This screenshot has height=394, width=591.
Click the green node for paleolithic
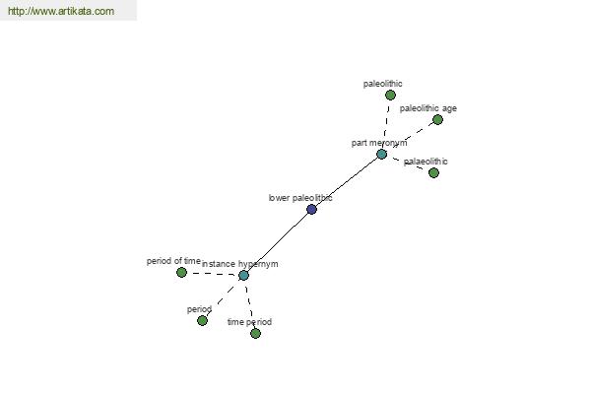[x=390, y=95]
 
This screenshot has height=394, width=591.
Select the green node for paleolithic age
[x=437, y=120]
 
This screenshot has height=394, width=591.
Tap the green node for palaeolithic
[x=433, y=172]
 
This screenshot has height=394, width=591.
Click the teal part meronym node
[x=382, y=155]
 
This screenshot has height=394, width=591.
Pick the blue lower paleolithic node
[x=311, y=209]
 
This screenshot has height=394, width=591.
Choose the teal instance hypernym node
[x=244, y=275]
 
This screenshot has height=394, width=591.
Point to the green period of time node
[x=181, y=272]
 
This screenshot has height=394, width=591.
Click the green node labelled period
[x=202, y=321]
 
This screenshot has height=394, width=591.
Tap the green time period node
[x=255, y=333]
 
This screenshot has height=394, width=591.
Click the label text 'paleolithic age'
[x=428, y=108]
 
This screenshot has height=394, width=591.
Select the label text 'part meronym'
[x=379, y=143]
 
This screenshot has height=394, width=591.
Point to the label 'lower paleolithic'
[x=300, y=198]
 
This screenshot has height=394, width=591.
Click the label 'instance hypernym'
[x=240, y=264]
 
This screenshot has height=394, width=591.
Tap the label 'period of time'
[x=173, y=261]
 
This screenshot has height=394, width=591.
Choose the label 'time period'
[x=249, y=322]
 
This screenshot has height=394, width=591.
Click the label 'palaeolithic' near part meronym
[x=426, y=162]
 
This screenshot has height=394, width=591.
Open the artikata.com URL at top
[x=61, y=11]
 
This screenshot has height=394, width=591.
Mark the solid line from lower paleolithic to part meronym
[x=347, y=181]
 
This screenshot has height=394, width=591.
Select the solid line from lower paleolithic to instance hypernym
[x=278, y=242]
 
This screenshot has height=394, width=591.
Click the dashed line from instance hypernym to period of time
[x=213, y=274]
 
